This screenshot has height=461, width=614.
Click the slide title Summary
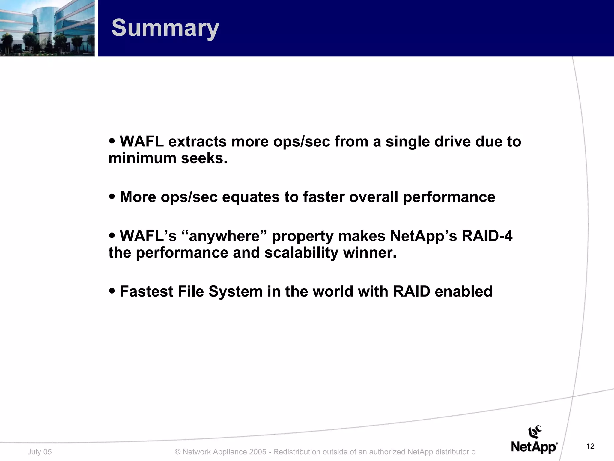pyautogui.click(x=165, y=28)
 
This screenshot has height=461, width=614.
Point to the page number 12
pyautogui.click(x=590, y=447)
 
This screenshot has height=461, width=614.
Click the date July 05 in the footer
pyautogui.click(x=40, y=452)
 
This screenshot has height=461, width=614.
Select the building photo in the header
pyautogui.click(x=47, y=28)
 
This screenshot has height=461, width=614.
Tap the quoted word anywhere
pyautogui.click(x=224, y=236)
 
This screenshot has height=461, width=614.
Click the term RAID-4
pyautogui.click(x=487, y=236)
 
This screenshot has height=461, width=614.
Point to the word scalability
pyautogui.click(x=301, y=252)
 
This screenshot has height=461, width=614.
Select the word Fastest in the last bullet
pyautogui.click(x=146, y=291)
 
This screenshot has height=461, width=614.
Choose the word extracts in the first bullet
pyautogui.click(x=197, y=142)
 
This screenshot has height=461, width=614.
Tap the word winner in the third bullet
pyautogui.click(x=369, y=252)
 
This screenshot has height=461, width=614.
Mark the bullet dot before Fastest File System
pyautogui.click(x=112, y=291)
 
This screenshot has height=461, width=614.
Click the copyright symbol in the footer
pyautogui.click(x=177, y=452)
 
